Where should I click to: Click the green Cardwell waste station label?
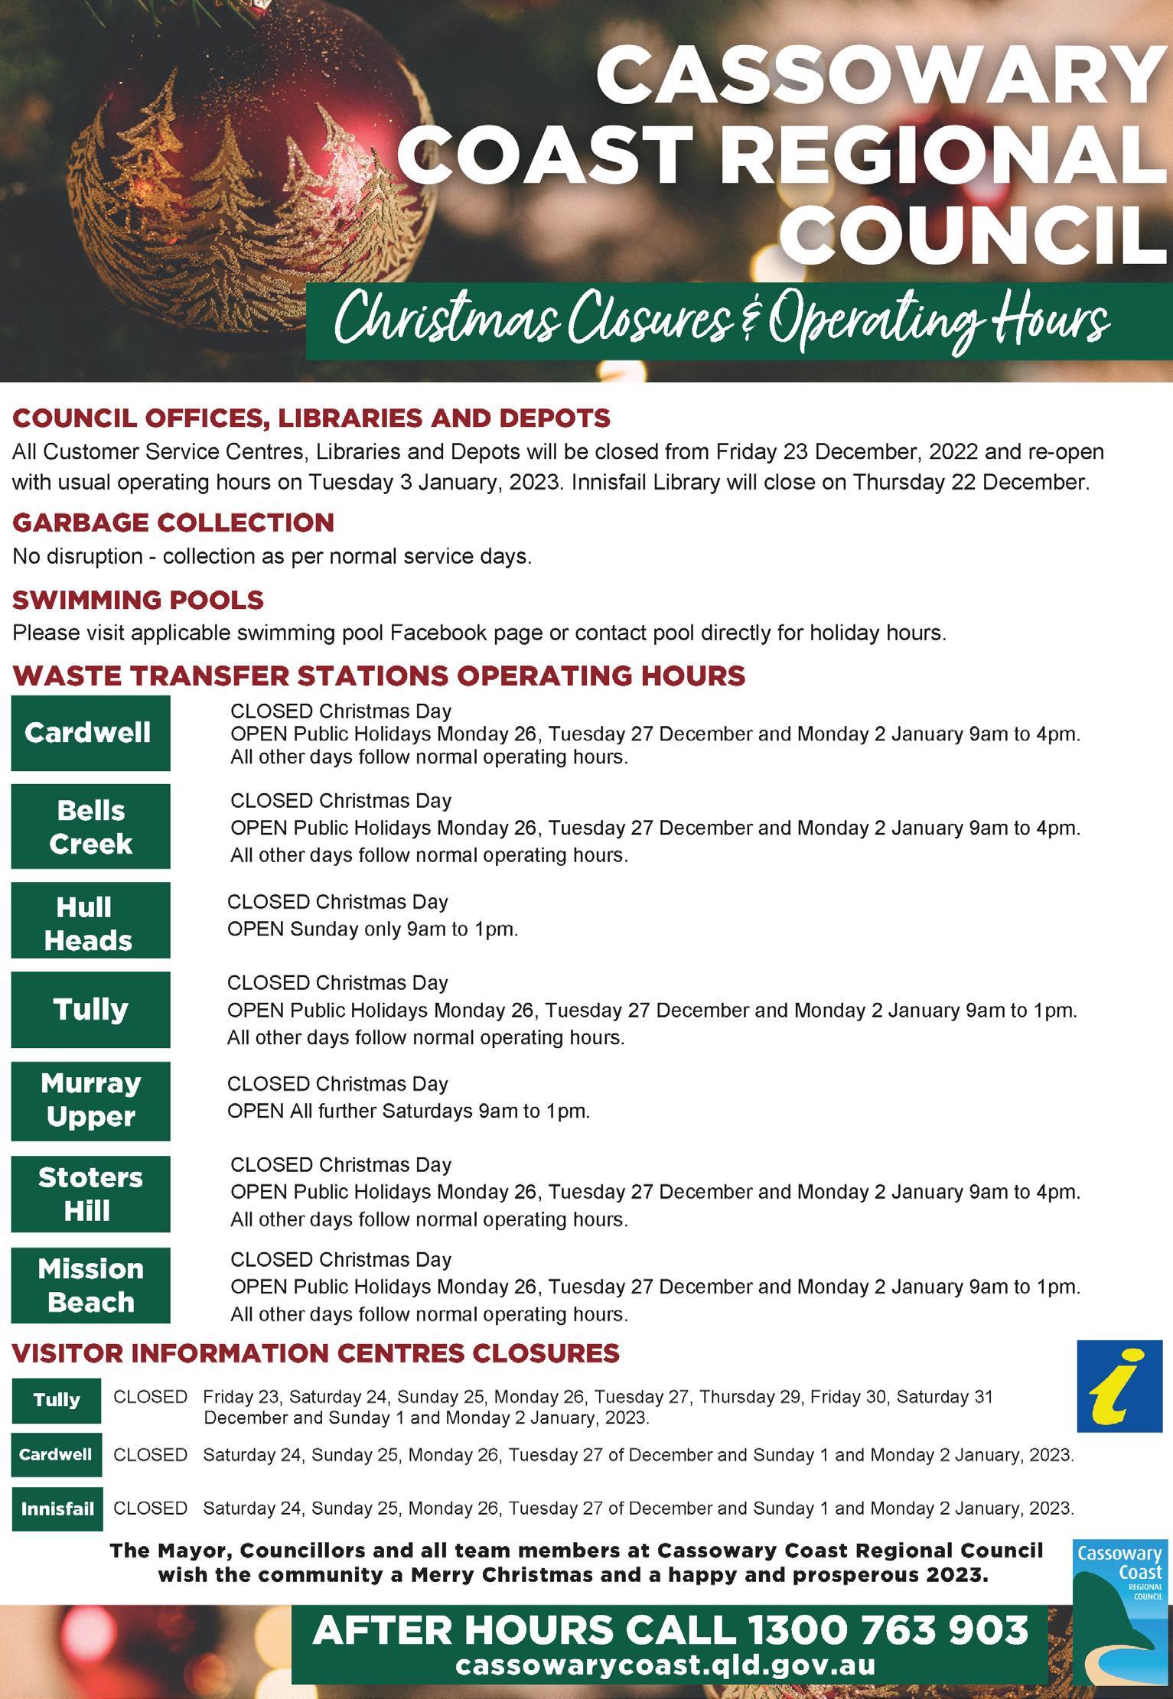(x=90, y=733)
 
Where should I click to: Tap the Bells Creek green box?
(x=90, y=827)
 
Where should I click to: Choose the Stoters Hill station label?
(x=90, y=1194)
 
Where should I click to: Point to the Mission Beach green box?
(x=90, y=1286)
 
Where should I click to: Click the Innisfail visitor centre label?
(x=57, y=1509)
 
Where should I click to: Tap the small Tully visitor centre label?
(x=57, y=1399)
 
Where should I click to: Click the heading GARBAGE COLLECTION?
(x=174, y=522)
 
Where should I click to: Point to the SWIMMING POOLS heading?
(x=138, y=600)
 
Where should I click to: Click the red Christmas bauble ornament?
(x=230, y=176)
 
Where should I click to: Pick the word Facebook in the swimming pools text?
(x=438, y=633)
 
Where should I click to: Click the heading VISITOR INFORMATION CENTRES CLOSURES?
(x=315, y=1352)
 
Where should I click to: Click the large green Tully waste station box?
(x=90, y=1010)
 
